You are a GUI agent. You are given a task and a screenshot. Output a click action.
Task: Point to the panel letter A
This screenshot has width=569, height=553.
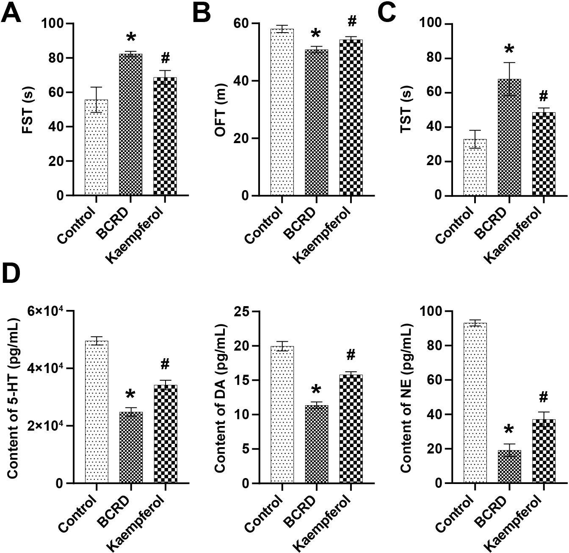tap(11, 14)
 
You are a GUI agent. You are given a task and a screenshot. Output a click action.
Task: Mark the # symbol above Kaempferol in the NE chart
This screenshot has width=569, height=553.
tap(544, 397)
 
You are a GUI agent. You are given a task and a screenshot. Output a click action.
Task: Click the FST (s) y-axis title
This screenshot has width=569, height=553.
tap(28, 110)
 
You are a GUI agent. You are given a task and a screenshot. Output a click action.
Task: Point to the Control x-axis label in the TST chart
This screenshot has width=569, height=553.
tap(453, 224)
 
